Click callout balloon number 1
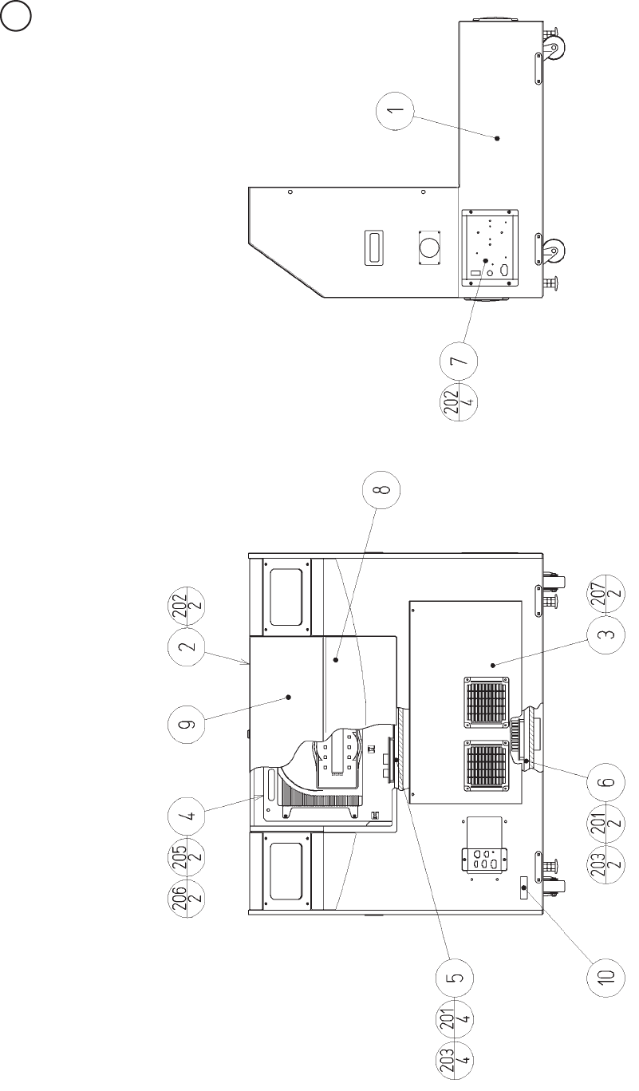click(395, 111)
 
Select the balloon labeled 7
click(459, 361)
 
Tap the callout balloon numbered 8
click(381, 489)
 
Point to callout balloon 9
click(187, 723)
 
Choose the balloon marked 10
click(606, 974)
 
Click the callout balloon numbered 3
click(606, 634)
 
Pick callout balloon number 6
click(606, 781)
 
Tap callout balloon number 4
click(187, 815)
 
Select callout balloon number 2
click(187, 646)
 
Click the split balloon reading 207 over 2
click(606, 597)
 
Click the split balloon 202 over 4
click(459, 401)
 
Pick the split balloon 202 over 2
click(187, 606)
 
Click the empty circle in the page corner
click(16, 16)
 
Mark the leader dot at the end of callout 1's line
click(497, 138)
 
